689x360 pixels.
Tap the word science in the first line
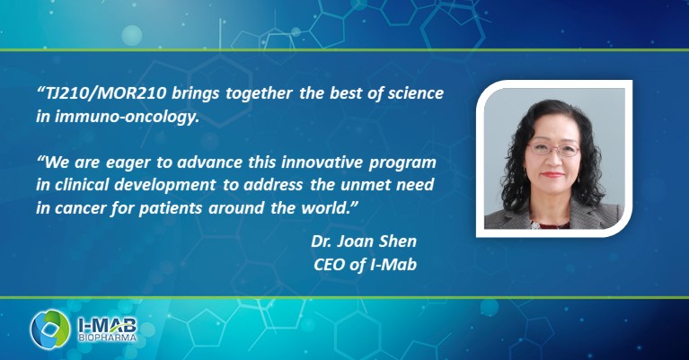(417, 94)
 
